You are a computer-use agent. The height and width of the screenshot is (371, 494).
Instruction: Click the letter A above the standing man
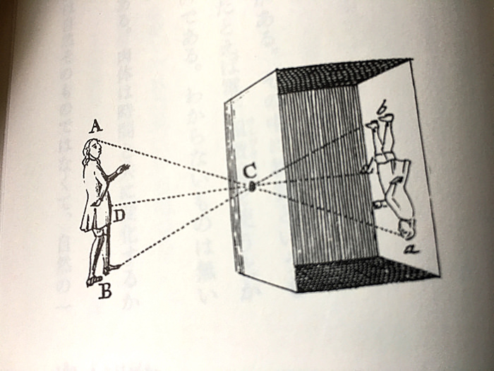[x=96, y=127]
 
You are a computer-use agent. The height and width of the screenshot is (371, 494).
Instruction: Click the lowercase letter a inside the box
[x=407, y=248]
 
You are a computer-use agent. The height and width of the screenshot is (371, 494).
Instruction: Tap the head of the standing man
[x=91, y=148]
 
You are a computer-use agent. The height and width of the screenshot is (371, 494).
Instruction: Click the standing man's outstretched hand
[x=123, y=168]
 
